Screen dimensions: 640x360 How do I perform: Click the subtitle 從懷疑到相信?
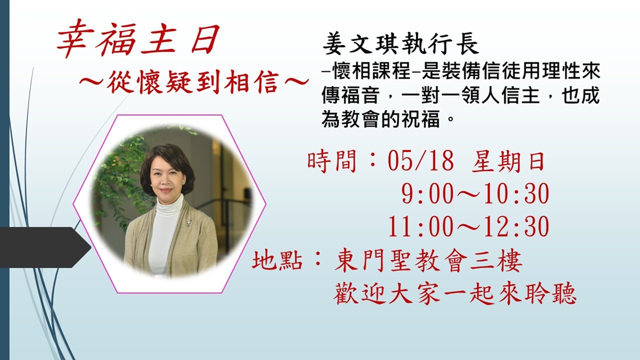tap(193, 82)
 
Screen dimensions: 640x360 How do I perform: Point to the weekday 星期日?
tap(508, 161)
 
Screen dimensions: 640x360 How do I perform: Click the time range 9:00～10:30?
tap(475, 193)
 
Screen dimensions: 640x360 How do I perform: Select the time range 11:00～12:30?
tap(468, 226)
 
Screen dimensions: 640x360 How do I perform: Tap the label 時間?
tap(332, 161)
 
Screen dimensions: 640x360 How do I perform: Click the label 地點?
tap(277, 259)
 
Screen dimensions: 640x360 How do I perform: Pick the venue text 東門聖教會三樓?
tap(428, 260)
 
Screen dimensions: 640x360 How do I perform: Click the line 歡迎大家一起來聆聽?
tap(454, 293)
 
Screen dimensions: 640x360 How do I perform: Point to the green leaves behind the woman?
tap(120, 183)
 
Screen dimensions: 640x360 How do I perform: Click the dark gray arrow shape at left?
tap(45, 247)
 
